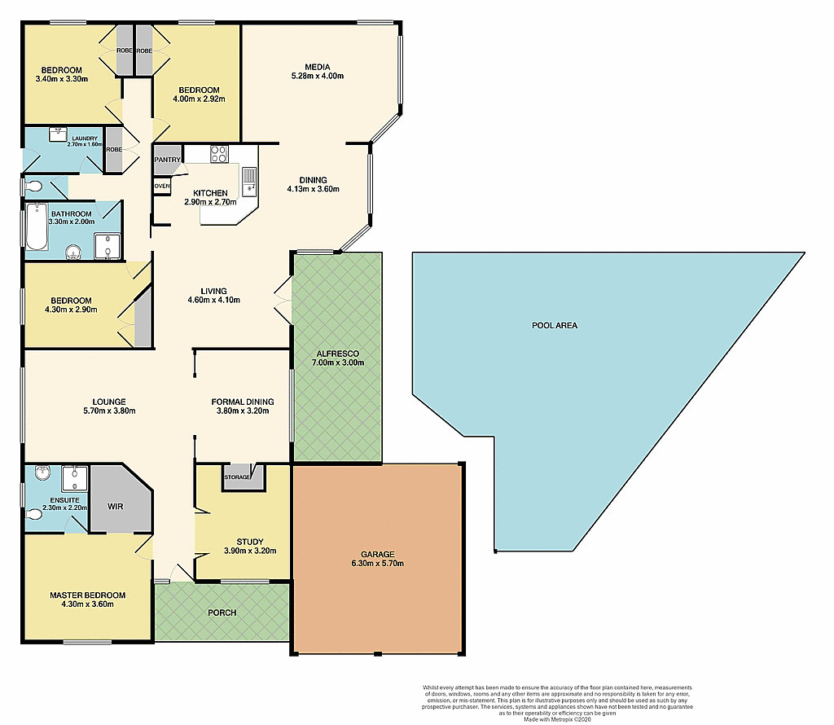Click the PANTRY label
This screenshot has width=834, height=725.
click(x=167, y=160)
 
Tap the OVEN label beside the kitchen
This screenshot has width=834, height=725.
click(x=162, y=187)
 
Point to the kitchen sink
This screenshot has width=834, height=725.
click(x=249, y=180)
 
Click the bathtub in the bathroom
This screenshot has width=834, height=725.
click(x=34, y=227)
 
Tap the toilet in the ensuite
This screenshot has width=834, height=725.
click(x=35, y=514)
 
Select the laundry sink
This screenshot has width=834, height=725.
click(x=58, y=133)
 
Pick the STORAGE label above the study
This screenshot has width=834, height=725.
click(x=238, y=477)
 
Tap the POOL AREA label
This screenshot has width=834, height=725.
click(x=555, y=325)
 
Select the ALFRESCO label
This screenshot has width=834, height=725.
click(x=338, y=354)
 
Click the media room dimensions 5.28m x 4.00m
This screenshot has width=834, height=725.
click(x=317, y=77)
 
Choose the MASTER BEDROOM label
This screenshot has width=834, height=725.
click(x=87, y=595)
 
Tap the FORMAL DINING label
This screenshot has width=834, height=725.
click(x=242, y=402)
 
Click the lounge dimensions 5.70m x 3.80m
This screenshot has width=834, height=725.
click(x=108, y=411)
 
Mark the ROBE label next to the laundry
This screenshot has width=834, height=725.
click(x=113, y=150)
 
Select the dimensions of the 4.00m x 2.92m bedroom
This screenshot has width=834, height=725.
click(x=199, y=99)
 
